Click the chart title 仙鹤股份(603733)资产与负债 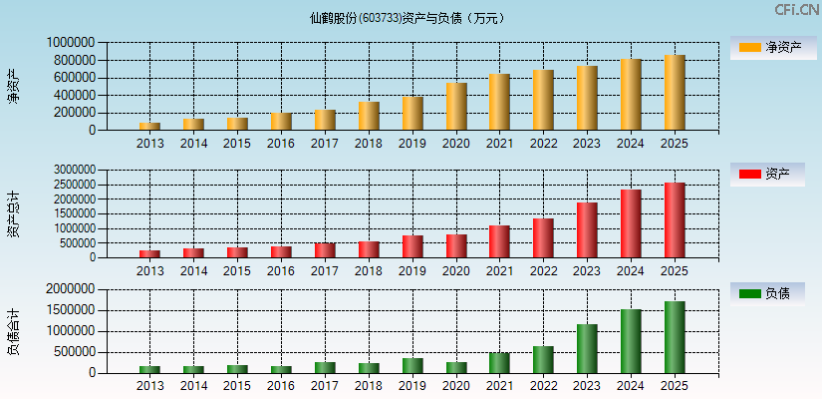click(x=409, y=17)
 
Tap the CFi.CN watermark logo click(x=796, y=10)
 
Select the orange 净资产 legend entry click(x=767, y=47)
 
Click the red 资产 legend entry click(x=767, y=175)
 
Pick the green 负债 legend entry click(x=767, y=294)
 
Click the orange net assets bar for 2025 click(x=675, y=93)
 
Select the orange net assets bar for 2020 click(x=456, y=107)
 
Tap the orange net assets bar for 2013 click(x=149, y=126)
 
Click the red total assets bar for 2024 click(x=631, y=223)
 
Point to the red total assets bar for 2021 click(x=499, y=241)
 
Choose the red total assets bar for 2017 click(x=325, y=250)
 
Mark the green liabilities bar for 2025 click(x=675, y=337)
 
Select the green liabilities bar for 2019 click(x=412, y=365)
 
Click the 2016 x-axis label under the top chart click(x=281, y=144)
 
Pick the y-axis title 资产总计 click(x=13, y=214)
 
